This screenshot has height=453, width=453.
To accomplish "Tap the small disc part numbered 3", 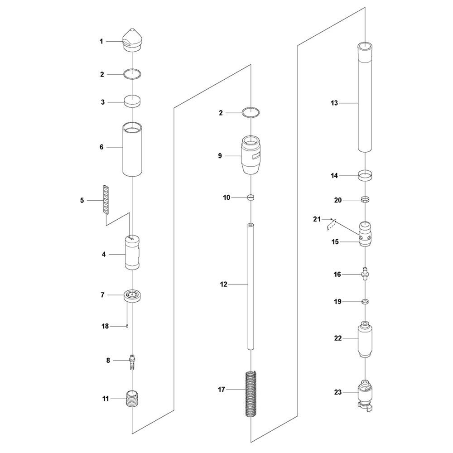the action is [132, 101].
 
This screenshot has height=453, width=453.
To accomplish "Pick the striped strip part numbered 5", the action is [106, 200].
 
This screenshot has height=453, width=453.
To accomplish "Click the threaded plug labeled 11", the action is [133, 399].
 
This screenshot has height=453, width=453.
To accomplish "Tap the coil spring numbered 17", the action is [251, 394].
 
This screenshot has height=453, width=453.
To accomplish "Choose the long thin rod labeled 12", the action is [251, 286].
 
